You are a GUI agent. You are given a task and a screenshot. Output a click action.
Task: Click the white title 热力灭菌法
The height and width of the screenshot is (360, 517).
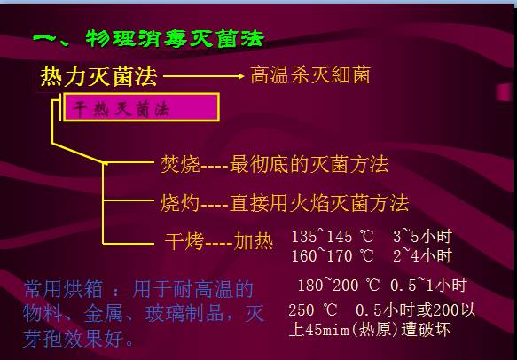[98, 76]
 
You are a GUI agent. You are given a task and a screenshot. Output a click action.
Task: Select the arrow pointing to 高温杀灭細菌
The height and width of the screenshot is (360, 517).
[203, 77]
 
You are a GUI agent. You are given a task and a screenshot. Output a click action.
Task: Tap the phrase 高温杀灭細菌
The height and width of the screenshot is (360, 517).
[310, 75]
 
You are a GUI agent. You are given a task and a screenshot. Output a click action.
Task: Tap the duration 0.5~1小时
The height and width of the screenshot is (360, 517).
[431, 286]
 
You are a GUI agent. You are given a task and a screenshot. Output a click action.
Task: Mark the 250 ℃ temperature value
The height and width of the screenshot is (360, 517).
[313, 310]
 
